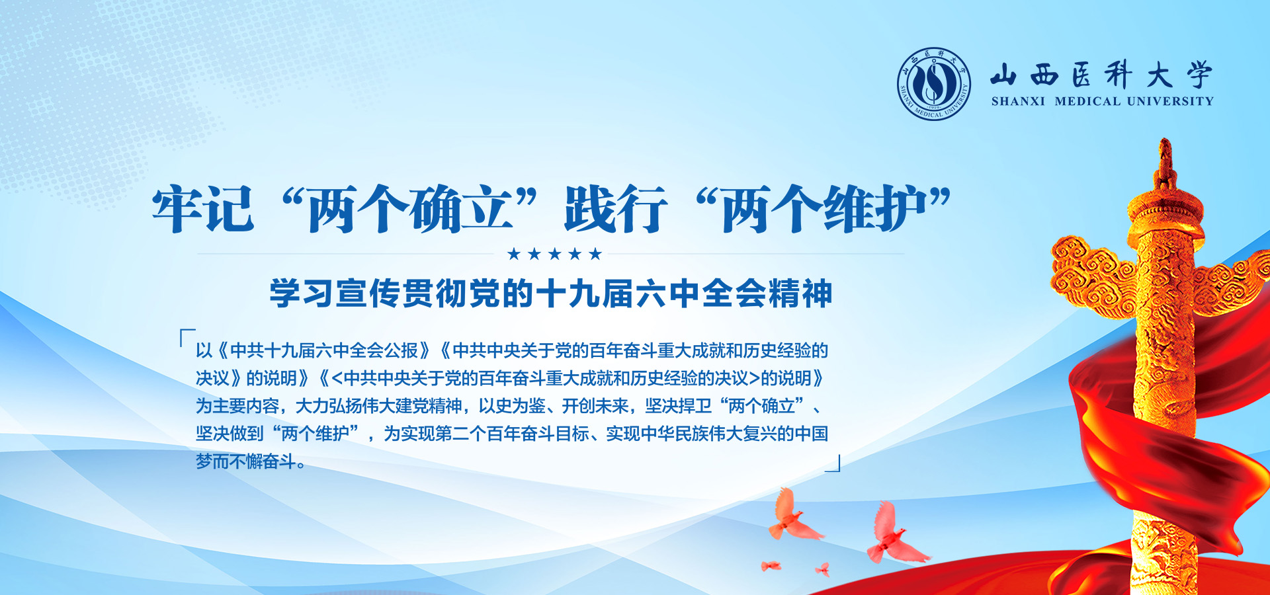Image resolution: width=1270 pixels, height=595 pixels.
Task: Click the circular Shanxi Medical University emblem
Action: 934,84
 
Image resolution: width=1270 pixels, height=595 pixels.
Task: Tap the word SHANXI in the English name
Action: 1018,102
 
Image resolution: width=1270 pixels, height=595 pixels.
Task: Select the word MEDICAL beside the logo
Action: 1087,102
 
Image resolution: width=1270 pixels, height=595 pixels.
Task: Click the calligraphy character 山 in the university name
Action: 1003,75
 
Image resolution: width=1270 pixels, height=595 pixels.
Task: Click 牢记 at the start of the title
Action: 203,209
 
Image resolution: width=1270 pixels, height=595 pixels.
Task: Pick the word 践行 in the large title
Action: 616,209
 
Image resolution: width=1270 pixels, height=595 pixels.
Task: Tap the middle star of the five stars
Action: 554,254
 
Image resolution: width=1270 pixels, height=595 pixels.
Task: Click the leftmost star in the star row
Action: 514,254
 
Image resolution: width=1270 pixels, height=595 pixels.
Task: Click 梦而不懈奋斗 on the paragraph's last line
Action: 245,461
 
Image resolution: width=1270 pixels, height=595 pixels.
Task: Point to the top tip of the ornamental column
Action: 1165,139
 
